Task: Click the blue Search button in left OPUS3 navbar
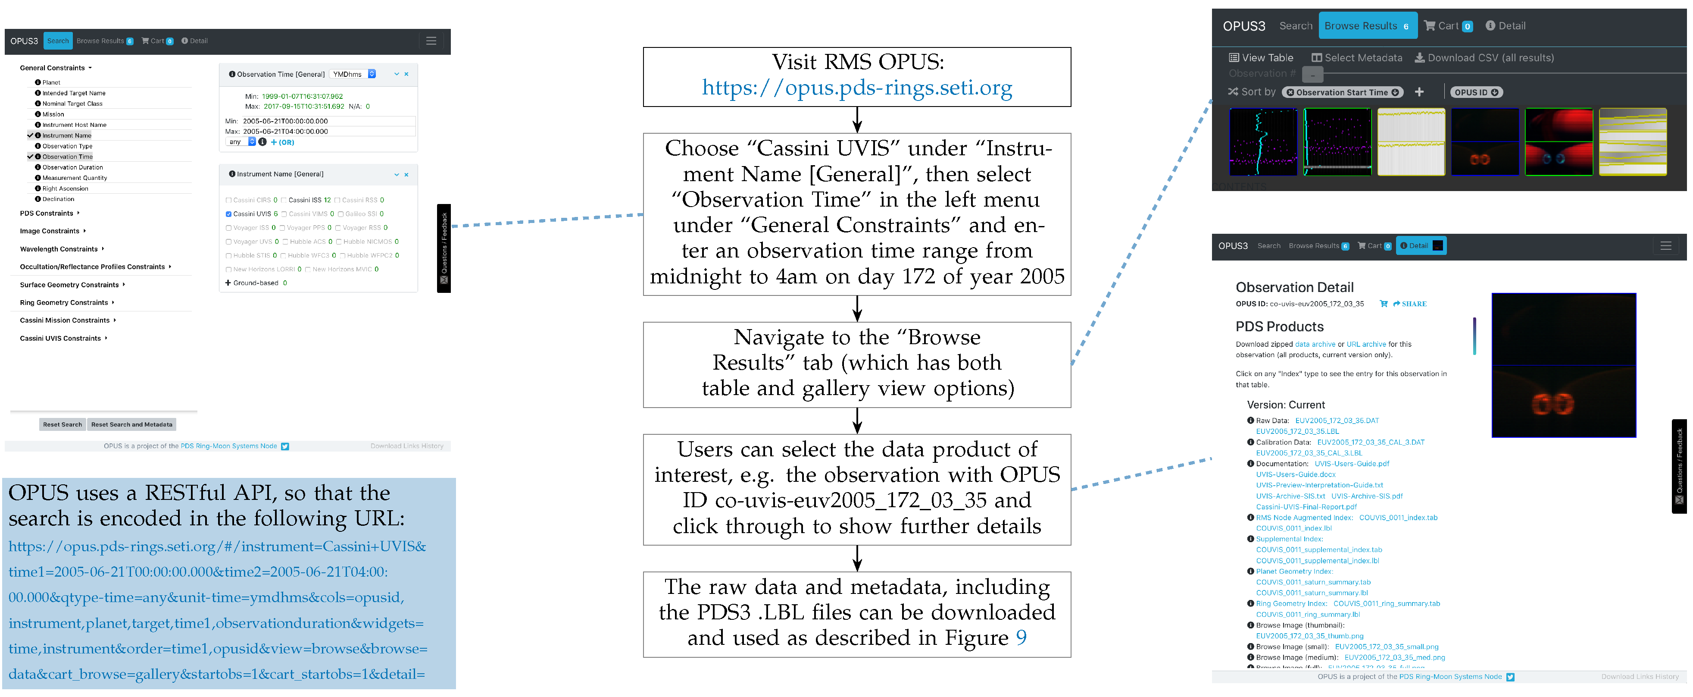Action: click(58, 41)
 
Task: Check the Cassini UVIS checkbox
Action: click(228, 213)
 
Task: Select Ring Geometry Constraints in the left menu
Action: click(64, 302)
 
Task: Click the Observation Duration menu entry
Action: click(72, 167)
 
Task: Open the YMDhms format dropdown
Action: click(353, 74)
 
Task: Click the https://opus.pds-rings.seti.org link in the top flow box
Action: click(856, 88)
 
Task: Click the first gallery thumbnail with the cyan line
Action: click(1262, 142)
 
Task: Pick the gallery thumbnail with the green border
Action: click(1558, 142)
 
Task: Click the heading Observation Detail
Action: click(1293, 287)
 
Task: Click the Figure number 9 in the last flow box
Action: click(1021, 637)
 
